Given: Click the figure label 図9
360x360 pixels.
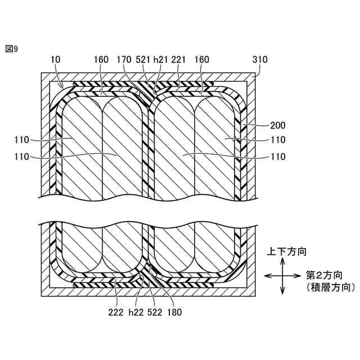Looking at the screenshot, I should pyautogui.click(x=11, y=49).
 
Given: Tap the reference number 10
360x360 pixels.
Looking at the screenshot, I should pyautogui.click(x=55, y=59).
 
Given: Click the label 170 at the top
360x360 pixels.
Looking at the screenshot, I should pyautogui.click(x=124, y=59).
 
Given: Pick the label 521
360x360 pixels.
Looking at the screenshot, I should pyautogui.click(x=143, y=59).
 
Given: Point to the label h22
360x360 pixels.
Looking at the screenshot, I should pyautogui.click(x=134, y=310).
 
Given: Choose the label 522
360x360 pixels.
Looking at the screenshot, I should pyautogui.click(x=152, y=310).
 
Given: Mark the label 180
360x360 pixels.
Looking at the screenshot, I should pyautogui.click(x=174, y=310).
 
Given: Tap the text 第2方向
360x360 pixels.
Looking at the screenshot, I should pyautogui.click(x=325, y=275).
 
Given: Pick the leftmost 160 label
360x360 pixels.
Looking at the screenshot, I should pyautogui.click(x=101, y=59).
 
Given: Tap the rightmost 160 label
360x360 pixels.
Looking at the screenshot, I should pyautogui.click(x=201, y=59).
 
